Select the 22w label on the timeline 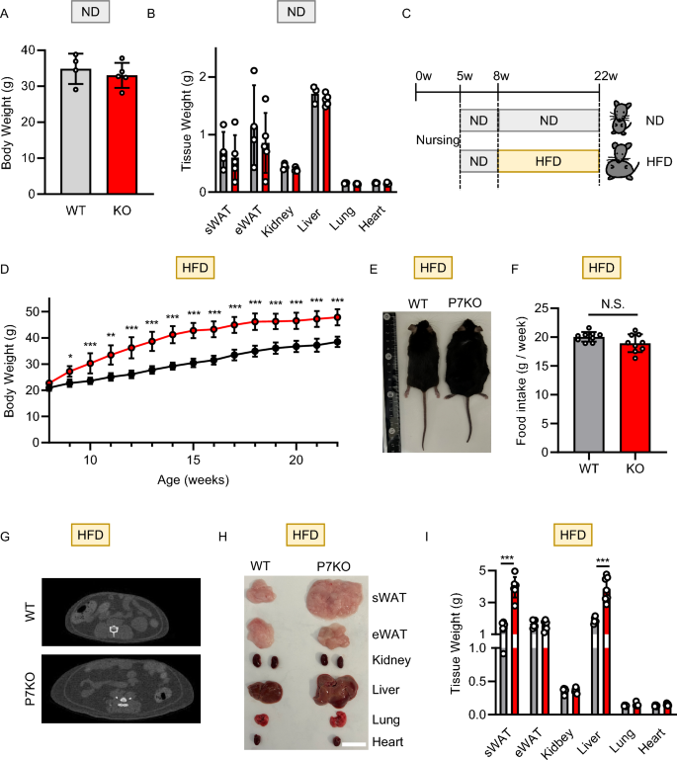click(x=599, y=75)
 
